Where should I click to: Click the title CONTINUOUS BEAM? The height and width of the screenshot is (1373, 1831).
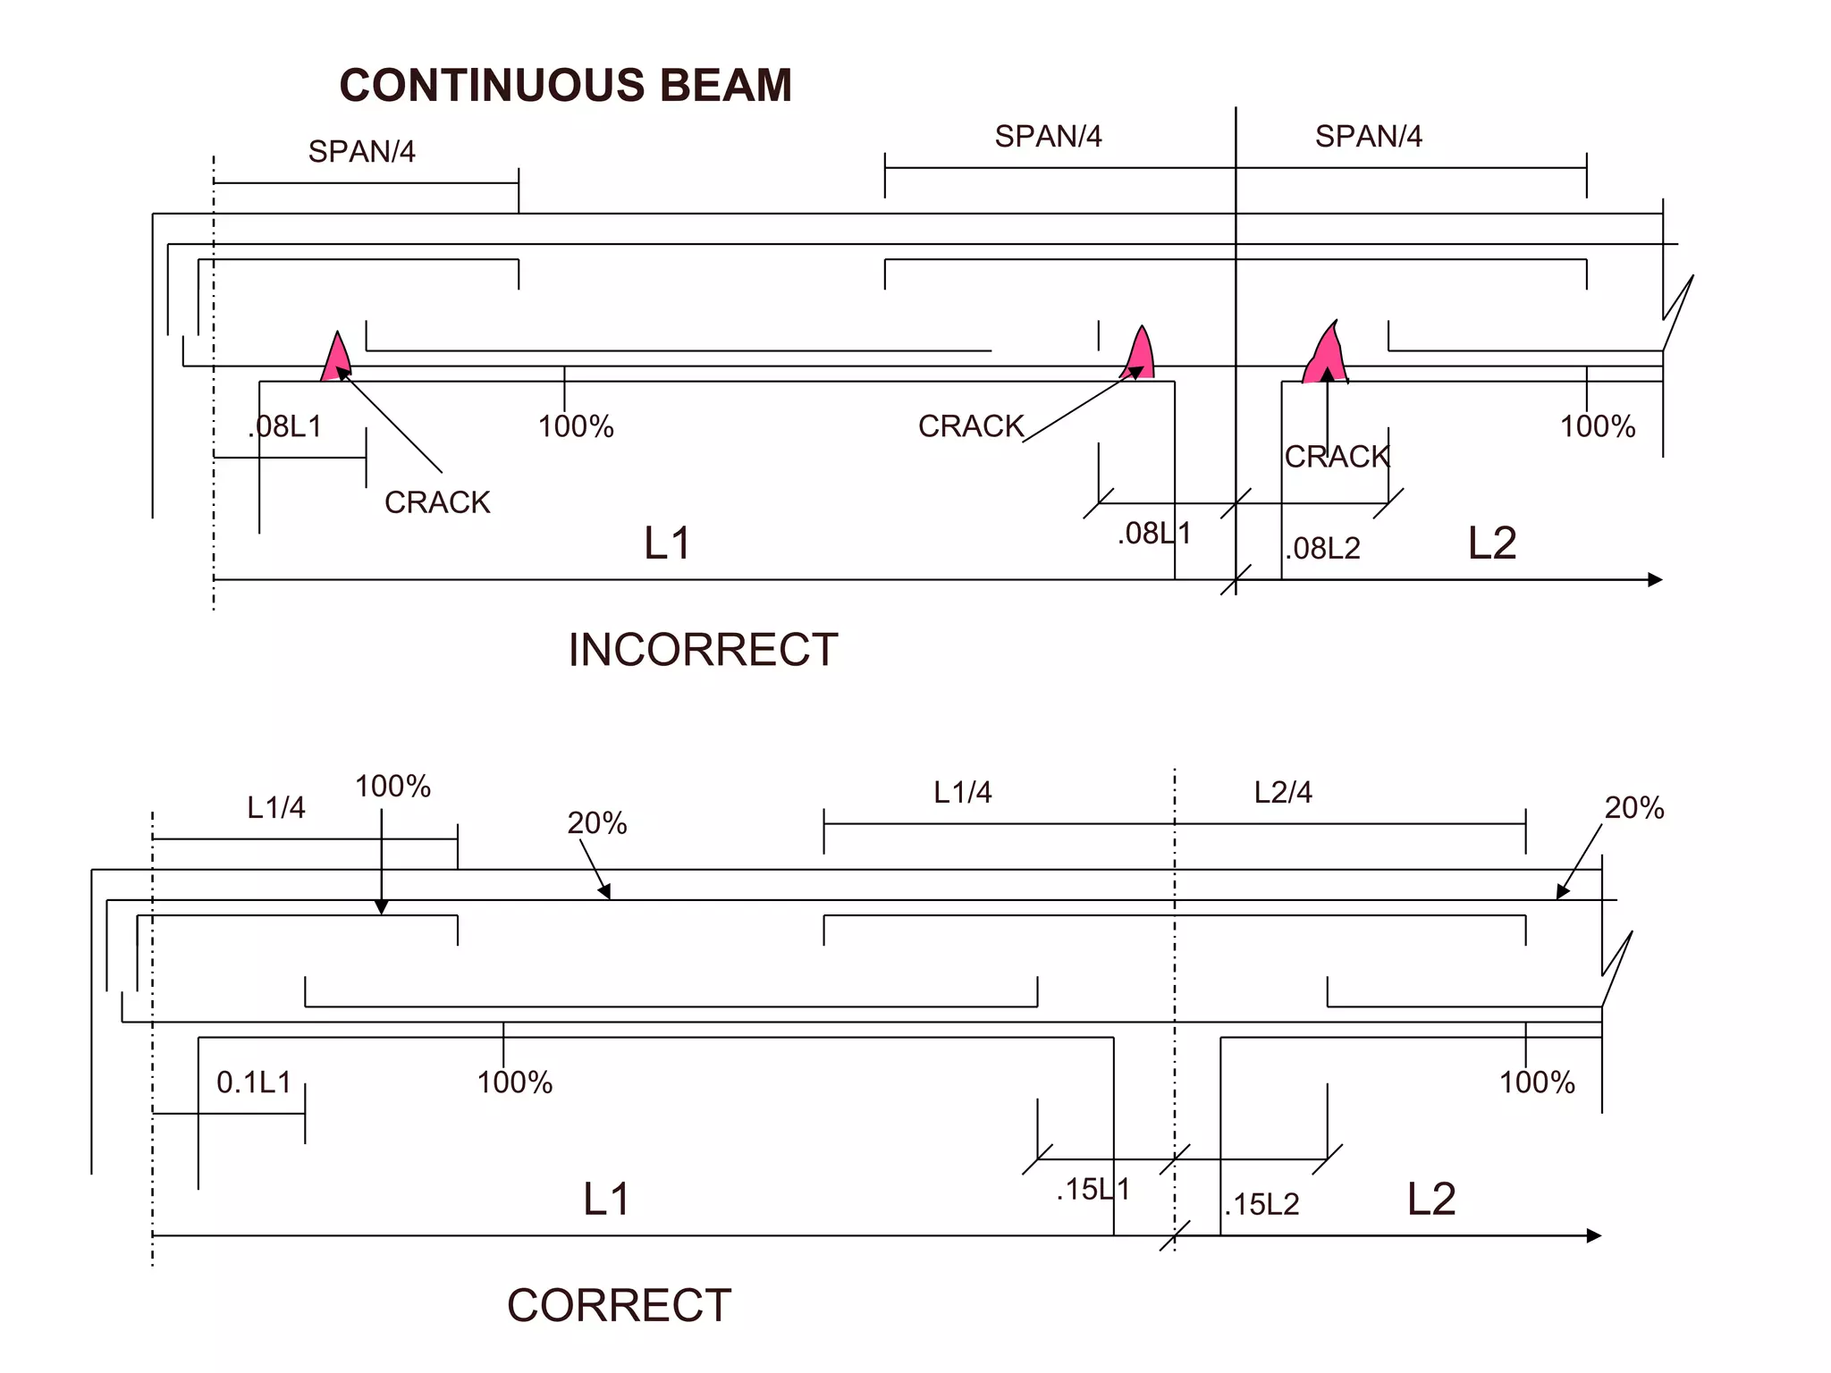point(565,86)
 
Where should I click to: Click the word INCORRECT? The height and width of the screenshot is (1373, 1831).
point(703,650)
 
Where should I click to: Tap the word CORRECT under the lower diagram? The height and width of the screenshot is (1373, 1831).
point(619,1305)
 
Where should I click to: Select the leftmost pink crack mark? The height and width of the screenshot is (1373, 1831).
point(336,360)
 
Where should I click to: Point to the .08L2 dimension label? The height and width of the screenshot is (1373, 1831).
point(1322,548)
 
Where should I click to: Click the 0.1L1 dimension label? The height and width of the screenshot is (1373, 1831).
point(254,1082)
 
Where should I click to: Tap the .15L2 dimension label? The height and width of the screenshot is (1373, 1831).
point(1261,1205)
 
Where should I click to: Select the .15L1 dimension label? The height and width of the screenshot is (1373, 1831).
point(1093,1190)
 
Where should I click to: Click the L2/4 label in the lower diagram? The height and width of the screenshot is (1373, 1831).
point(1283,793)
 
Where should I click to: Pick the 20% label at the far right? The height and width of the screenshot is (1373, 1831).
point(1633,808)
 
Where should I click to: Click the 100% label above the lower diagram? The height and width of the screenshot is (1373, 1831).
point(392,787)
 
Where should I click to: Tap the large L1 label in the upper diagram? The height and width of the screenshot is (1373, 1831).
point(667,543)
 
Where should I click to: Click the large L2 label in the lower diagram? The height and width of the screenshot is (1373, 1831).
point(1431,1199)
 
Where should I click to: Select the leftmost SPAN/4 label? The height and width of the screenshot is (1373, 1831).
point(361,152)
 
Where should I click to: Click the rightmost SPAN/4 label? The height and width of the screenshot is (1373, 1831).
point(1368,137)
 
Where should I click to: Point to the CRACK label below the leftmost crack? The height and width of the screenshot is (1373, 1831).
point(437,502)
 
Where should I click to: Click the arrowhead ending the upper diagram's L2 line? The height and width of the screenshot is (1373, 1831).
point(1655,580)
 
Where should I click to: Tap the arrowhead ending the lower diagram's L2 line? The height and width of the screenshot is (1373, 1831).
point(1594,1236)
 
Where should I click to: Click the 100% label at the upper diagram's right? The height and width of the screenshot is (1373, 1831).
point(1598,426)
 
